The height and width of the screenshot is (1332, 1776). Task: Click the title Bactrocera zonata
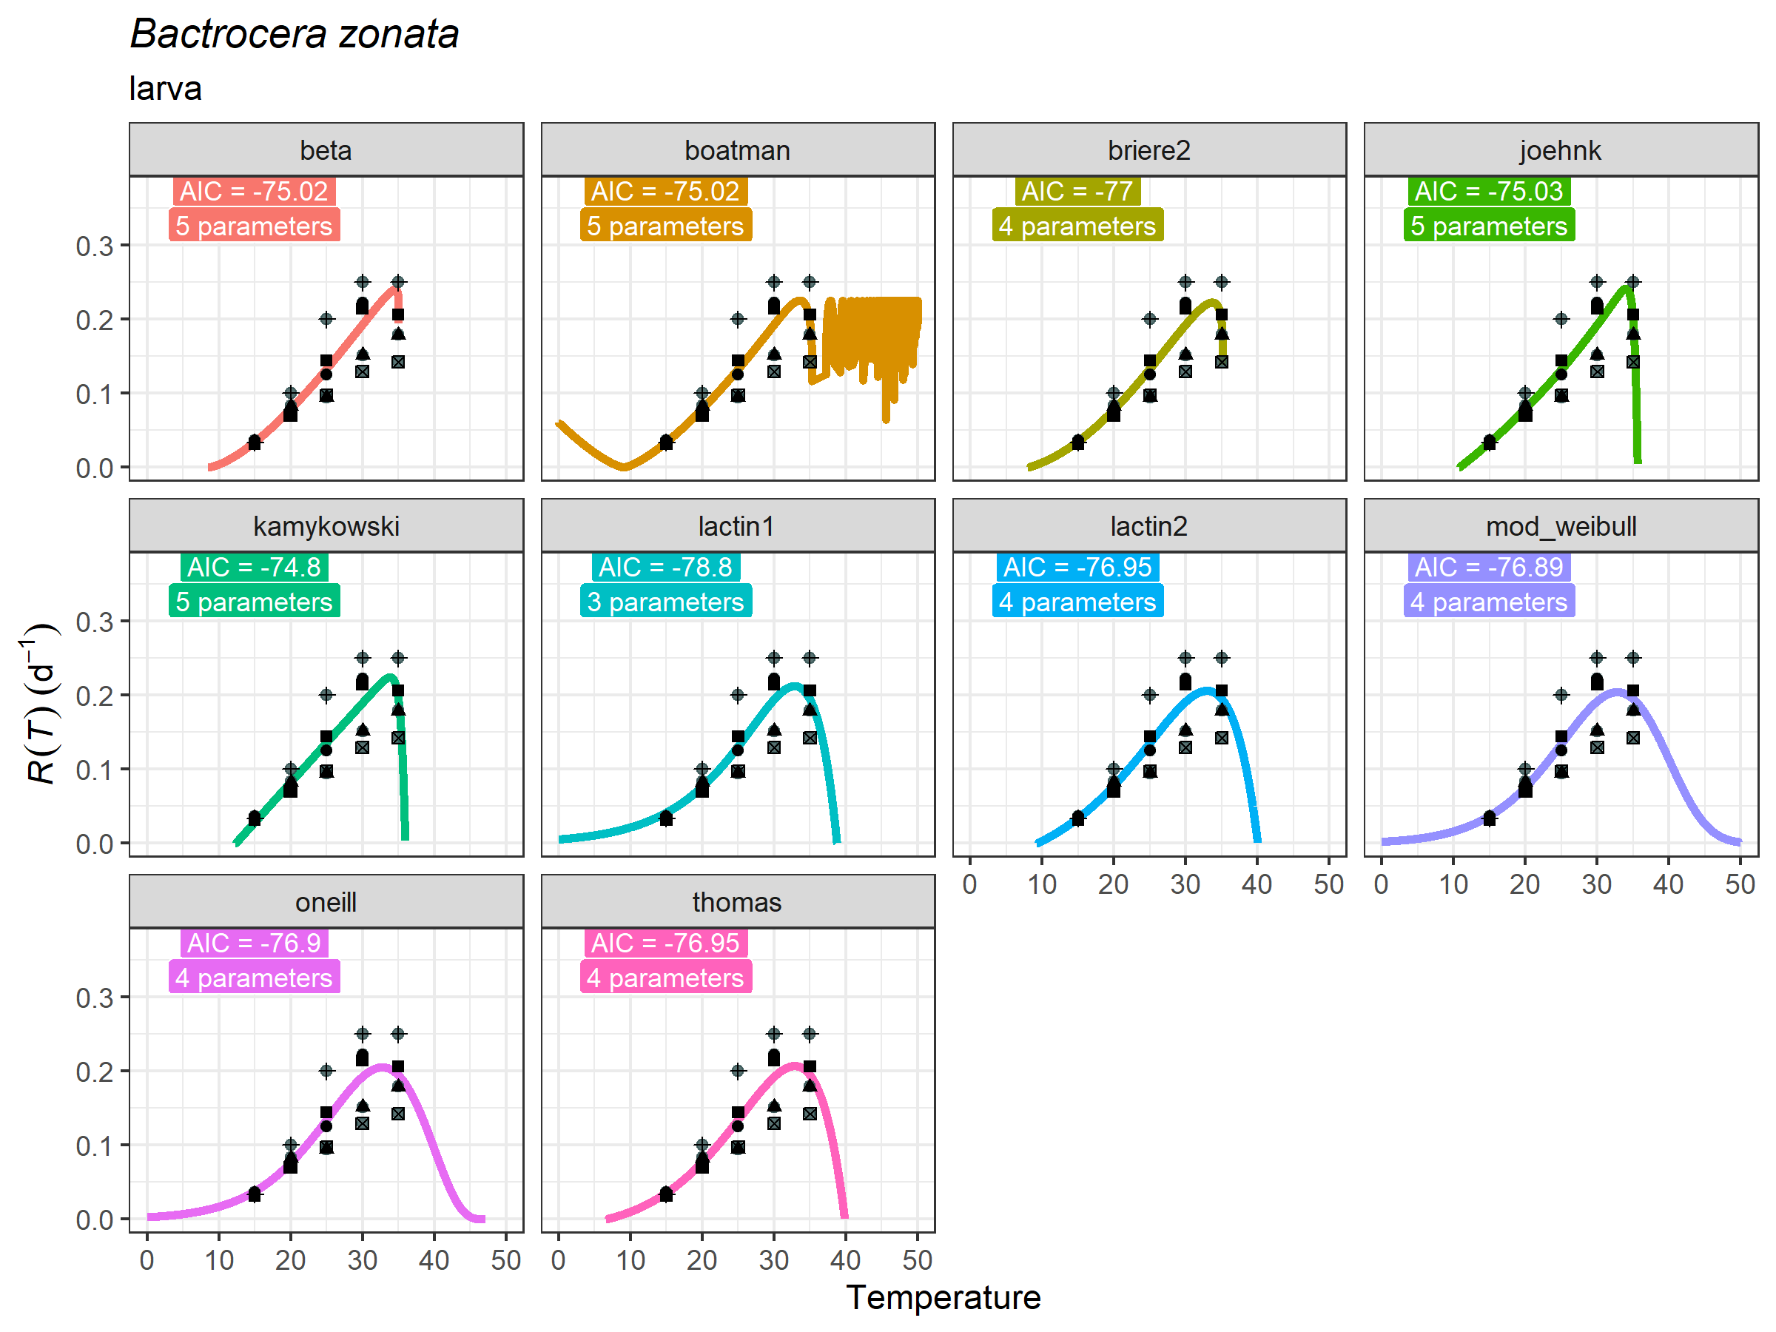tap(294, 35)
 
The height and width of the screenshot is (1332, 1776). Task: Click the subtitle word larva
tap(166, 88)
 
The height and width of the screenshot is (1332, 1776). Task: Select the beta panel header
tap(326, 150)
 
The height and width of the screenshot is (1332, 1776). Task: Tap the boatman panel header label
tap(737, 150)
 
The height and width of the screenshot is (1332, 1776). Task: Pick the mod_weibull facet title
tap(1561, 526)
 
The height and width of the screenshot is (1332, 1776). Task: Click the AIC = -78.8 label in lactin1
tap(665, 567)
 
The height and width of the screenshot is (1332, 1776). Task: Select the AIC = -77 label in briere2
tap(1077, 191)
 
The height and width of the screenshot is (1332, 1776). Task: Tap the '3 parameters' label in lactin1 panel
tap(665, 602)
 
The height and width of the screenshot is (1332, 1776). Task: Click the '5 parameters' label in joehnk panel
tap(1489, 226)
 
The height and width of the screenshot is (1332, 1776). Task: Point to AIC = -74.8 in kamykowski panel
tap(254, 567)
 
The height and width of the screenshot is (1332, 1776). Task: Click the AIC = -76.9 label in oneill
tap(254, 943)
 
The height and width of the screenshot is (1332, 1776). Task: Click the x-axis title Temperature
tap(943, 1297)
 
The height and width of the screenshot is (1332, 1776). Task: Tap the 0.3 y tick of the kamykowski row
tap(95, 622)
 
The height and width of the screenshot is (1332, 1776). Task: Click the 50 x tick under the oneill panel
tap(506, 1259)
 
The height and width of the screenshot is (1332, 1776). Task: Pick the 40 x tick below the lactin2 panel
tap(1257, 884)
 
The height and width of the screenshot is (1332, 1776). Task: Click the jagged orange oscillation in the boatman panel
tap(871, 337)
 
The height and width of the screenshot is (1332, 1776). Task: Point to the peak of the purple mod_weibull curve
tap(1615, 690)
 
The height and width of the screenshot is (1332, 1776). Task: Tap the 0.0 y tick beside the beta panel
tap(95, 468)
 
